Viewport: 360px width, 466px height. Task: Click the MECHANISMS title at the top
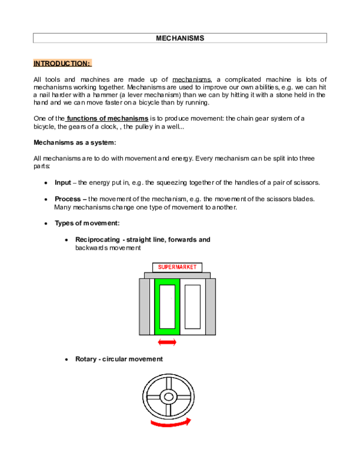coord(180,38)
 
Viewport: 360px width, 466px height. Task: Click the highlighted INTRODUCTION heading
coord(62,63)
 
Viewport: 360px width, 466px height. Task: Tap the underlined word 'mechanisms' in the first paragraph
coord(191,79)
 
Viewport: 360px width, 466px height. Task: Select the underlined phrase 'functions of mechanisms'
coord(103,118)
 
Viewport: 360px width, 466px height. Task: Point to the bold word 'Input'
coord(62,183)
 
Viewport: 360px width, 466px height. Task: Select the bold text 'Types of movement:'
coord(87,223)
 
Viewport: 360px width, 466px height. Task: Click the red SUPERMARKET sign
coord(177,267)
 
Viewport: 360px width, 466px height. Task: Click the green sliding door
coord(167,306)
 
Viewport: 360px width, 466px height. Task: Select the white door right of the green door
coord(193,306)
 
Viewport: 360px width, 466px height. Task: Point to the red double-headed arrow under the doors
coord(167,342)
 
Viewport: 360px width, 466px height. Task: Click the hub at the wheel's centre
coord(168,396)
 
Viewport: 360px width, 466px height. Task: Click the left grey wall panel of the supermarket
coord(145,306)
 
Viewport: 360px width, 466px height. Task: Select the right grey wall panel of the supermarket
coord(210,306)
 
